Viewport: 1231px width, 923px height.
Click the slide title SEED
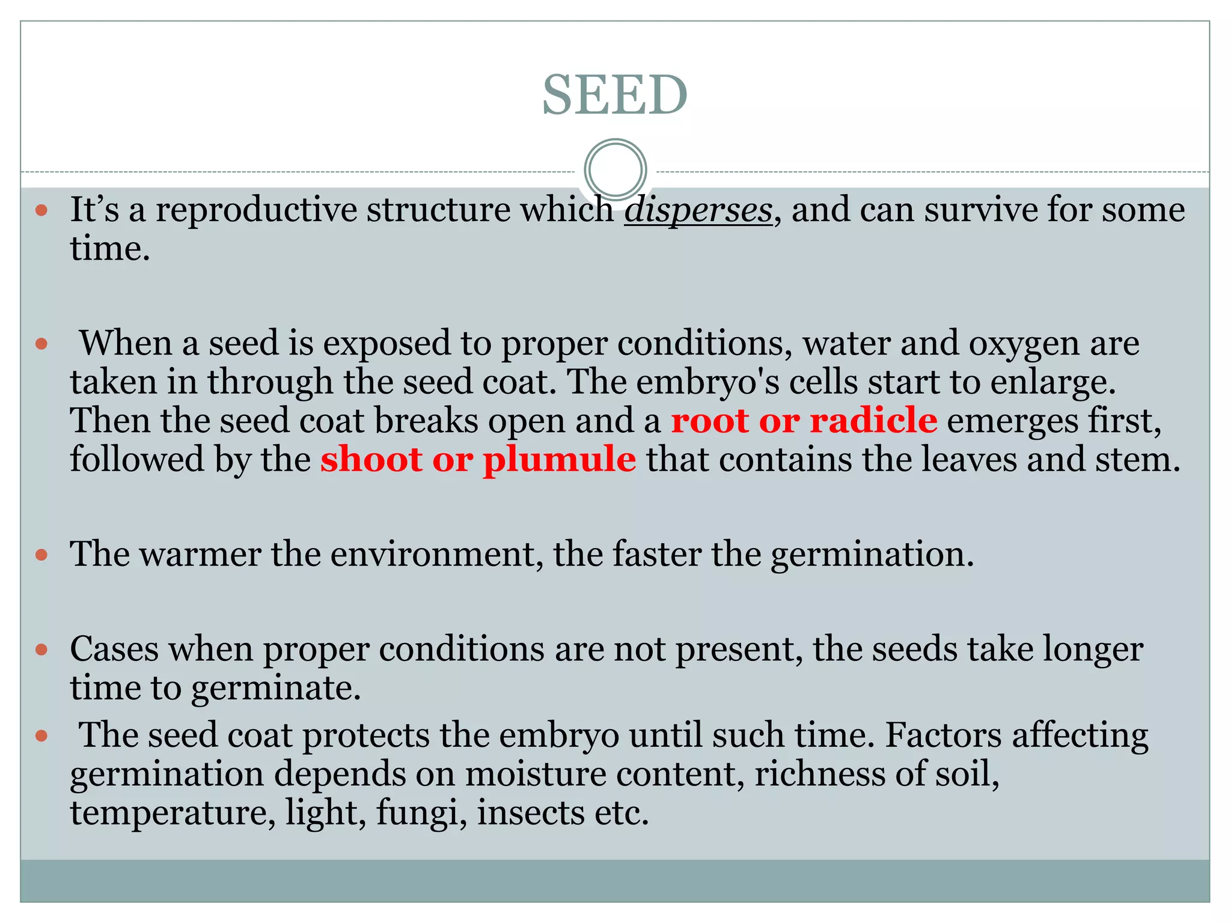tap(614, 95)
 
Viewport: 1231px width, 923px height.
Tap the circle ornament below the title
tap(615, 169)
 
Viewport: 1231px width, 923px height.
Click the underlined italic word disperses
tap(698, 210)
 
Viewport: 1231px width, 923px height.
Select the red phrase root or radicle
tap(804, 420)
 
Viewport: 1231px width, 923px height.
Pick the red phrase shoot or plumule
tap(478, 459)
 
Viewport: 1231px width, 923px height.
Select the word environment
tap(432, 553)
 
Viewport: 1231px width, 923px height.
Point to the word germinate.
tap(276, 688)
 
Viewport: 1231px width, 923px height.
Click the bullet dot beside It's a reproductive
tap(41, 210)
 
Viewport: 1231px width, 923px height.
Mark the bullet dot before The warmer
tap(41, 555)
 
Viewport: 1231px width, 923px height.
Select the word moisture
tap(535, 774)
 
